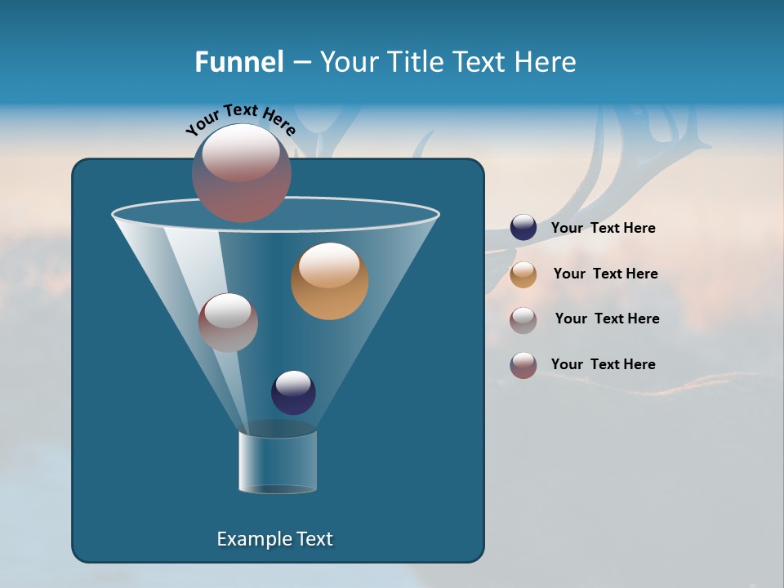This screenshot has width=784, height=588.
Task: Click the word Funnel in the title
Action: (x=239, y=62)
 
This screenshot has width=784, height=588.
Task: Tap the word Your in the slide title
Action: (x=350, y=62)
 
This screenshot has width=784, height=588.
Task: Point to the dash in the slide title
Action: (x=301, y=63)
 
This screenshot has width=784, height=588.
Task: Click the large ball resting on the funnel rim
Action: (x=241, y=172)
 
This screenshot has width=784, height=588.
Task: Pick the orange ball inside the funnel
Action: (x=329, y=281)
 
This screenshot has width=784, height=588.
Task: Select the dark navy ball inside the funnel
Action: (x=293, y=392)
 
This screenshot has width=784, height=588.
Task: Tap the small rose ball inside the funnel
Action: (x=228, y=322)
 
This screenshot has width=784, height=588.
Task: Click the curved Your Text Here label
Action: (x=240, y=119)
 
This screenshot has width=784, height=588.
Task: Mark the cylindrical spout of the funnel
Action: (x=278, y=462)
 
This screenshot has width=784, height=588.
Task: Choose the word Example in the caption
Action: (x=251, y=539)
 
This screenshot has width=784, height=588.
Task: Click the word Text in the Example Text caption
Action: (x=314, y=539)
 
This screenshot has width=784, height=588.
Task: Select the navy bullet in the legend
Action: (x=523, y=228)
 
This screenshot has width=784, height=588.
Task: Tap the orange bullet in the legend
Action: (x=523, y=274)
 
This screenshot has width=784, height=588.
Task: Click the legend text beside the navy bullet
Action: (x=603, y=229)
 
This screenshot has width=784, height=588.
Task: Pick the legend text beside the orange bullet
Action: (x=605, y=274)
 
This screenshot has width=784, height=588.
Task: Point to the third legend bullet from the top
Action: (x=523, y=319)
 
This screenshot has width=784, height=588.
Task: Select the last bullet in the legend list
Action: (x=523, y=365)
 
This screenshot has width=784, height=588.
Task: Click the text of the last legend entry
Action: (x=603, y=364)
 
